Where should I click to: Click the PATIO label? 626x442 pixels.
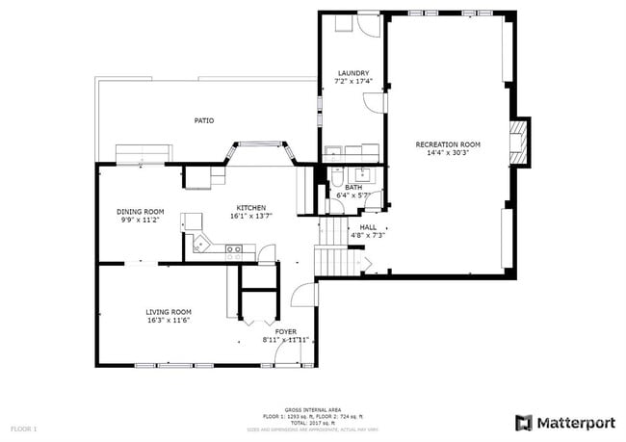203,120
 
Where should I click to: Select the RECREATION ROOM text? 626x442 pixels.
447,144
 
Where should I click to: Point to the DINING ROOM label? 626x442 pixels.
141,212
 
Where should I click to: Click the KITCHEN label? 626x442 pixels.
251,208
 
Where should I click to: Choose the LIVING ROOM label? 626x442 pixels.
169,312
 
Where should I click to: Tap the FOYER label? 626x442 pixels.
286,331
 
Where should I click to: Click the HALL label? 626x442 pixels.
369,227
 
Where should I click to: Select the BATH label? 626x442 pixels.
353,187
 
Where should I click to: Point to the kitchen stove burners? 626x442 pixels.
234,249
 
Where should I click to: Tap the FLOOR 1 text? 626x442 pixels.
23,428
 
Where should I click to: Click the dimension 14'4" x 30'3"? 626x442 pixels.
447,153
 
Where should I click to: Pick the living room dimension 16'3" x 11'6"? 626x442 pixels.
169,321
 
